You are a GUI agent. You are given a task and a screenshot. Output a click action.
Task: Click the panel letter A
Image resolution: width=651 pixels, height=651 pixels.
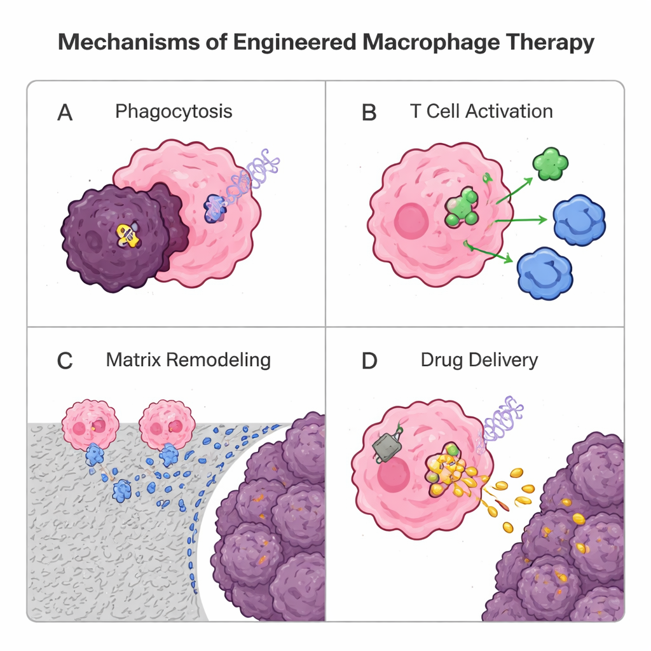point(65,113)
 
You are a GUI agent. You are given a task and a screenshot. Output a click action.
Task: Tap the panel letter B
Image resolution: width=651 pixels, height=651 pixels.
point(369,113)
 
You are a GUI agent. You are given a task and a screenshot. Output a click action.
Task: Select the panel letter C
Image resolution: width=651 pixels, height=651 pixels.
point(65,360)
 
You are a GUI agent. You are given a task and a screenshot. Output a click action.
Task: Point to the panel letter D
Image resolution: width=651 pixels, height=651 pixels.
point(369,360)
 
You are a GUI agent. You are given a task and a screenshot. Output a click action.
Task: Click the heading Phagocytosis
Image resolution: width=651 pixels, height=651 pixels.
point(174,112)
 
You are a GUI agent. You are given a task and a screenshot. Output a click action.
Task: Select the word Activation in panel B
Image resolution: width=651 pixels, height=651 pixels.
point(509,111)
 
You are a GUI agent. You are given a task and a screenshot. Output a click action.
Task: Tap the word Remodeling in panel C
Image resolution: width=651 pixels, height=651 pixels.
point(218,360)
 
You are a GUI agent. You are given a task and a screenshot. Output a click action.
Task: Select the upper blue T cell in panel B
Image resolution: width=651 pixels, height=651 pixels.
point(579,221)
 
